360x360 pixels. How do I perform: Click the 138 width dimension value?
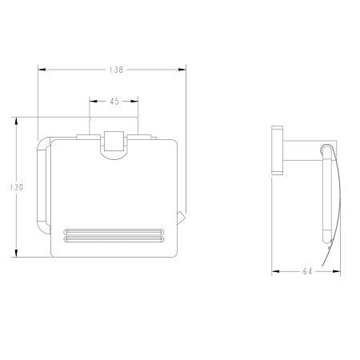point(116,70)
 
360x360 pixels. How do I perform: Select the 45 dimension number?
point(114,102)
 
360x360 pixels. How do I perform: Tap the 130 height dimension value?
point(17,187)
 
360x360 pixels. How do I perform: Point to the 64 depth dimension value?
point(307,272)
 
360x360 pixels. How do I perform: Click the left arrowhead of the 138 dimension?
point(42,70)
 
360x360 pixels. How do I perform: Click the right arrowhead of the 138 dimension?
point(182,70)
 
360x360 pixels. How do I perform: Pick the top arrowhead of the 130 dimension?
point(17,121)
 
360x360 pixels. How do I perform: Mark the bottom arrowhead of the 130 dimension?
point(17,254)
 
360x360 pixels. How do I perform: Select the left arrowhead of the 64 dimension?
point(275,272)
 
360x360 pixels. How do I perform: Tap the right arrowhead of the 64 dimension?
point(337,272)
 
